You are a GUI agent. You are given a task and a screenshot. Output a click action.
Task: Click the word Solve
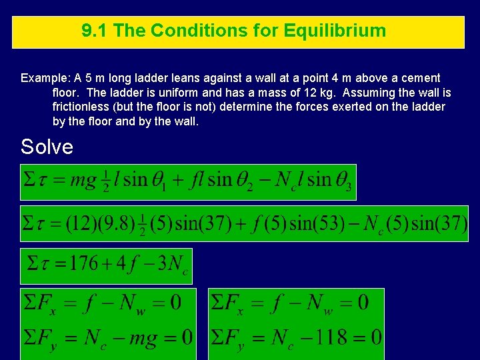pyautogui.click(x=47, y=147)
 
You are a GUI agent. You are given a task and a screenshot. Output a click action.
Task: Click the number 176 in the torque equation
pyautogui.click(x=85, y=263)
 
